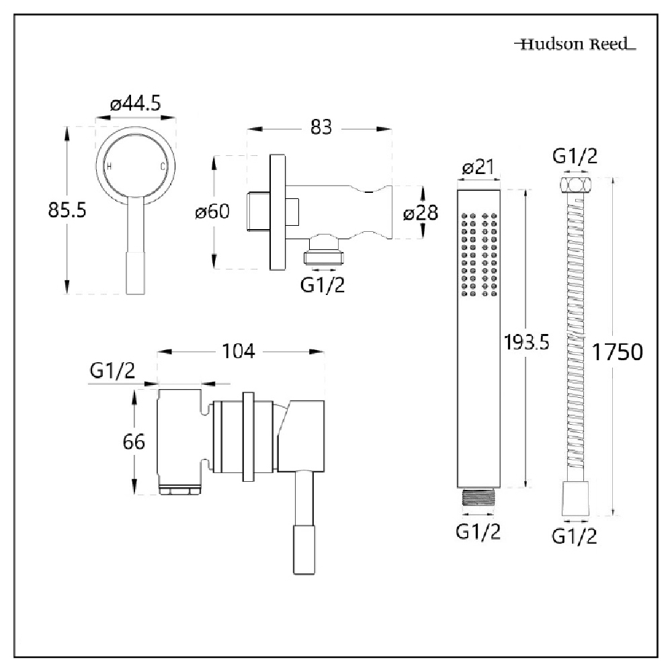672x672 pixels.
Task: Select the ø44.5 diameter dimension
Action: [137, 104]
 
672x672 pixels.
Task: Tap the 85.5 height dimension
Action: [67, 210]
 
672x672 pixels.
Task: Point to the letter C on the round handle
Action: [161, 166]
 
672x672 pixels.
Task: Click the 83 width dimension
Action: [321, 126]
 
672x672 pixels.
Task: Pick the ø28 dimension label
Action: [420, 213]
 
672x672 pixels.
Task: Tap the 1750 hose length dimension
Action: [618, 351]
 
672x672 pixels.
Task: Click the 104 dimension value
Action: [240, 351]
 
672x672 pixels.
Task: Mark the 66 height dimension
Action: [134, 442]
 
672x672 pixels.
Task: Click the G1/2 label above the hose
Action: [575, 157]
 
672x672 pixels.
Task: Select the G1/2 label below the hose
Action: [575, 536]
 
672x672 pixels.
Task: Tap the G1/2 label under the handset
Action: [478, 532]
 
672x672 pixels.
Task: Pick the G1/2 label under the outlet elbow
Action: [323, 285]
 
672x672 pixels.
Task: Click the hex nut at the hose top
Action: [575, 185]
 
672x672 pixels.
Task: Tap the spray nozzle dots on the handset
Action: [479, 255]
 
